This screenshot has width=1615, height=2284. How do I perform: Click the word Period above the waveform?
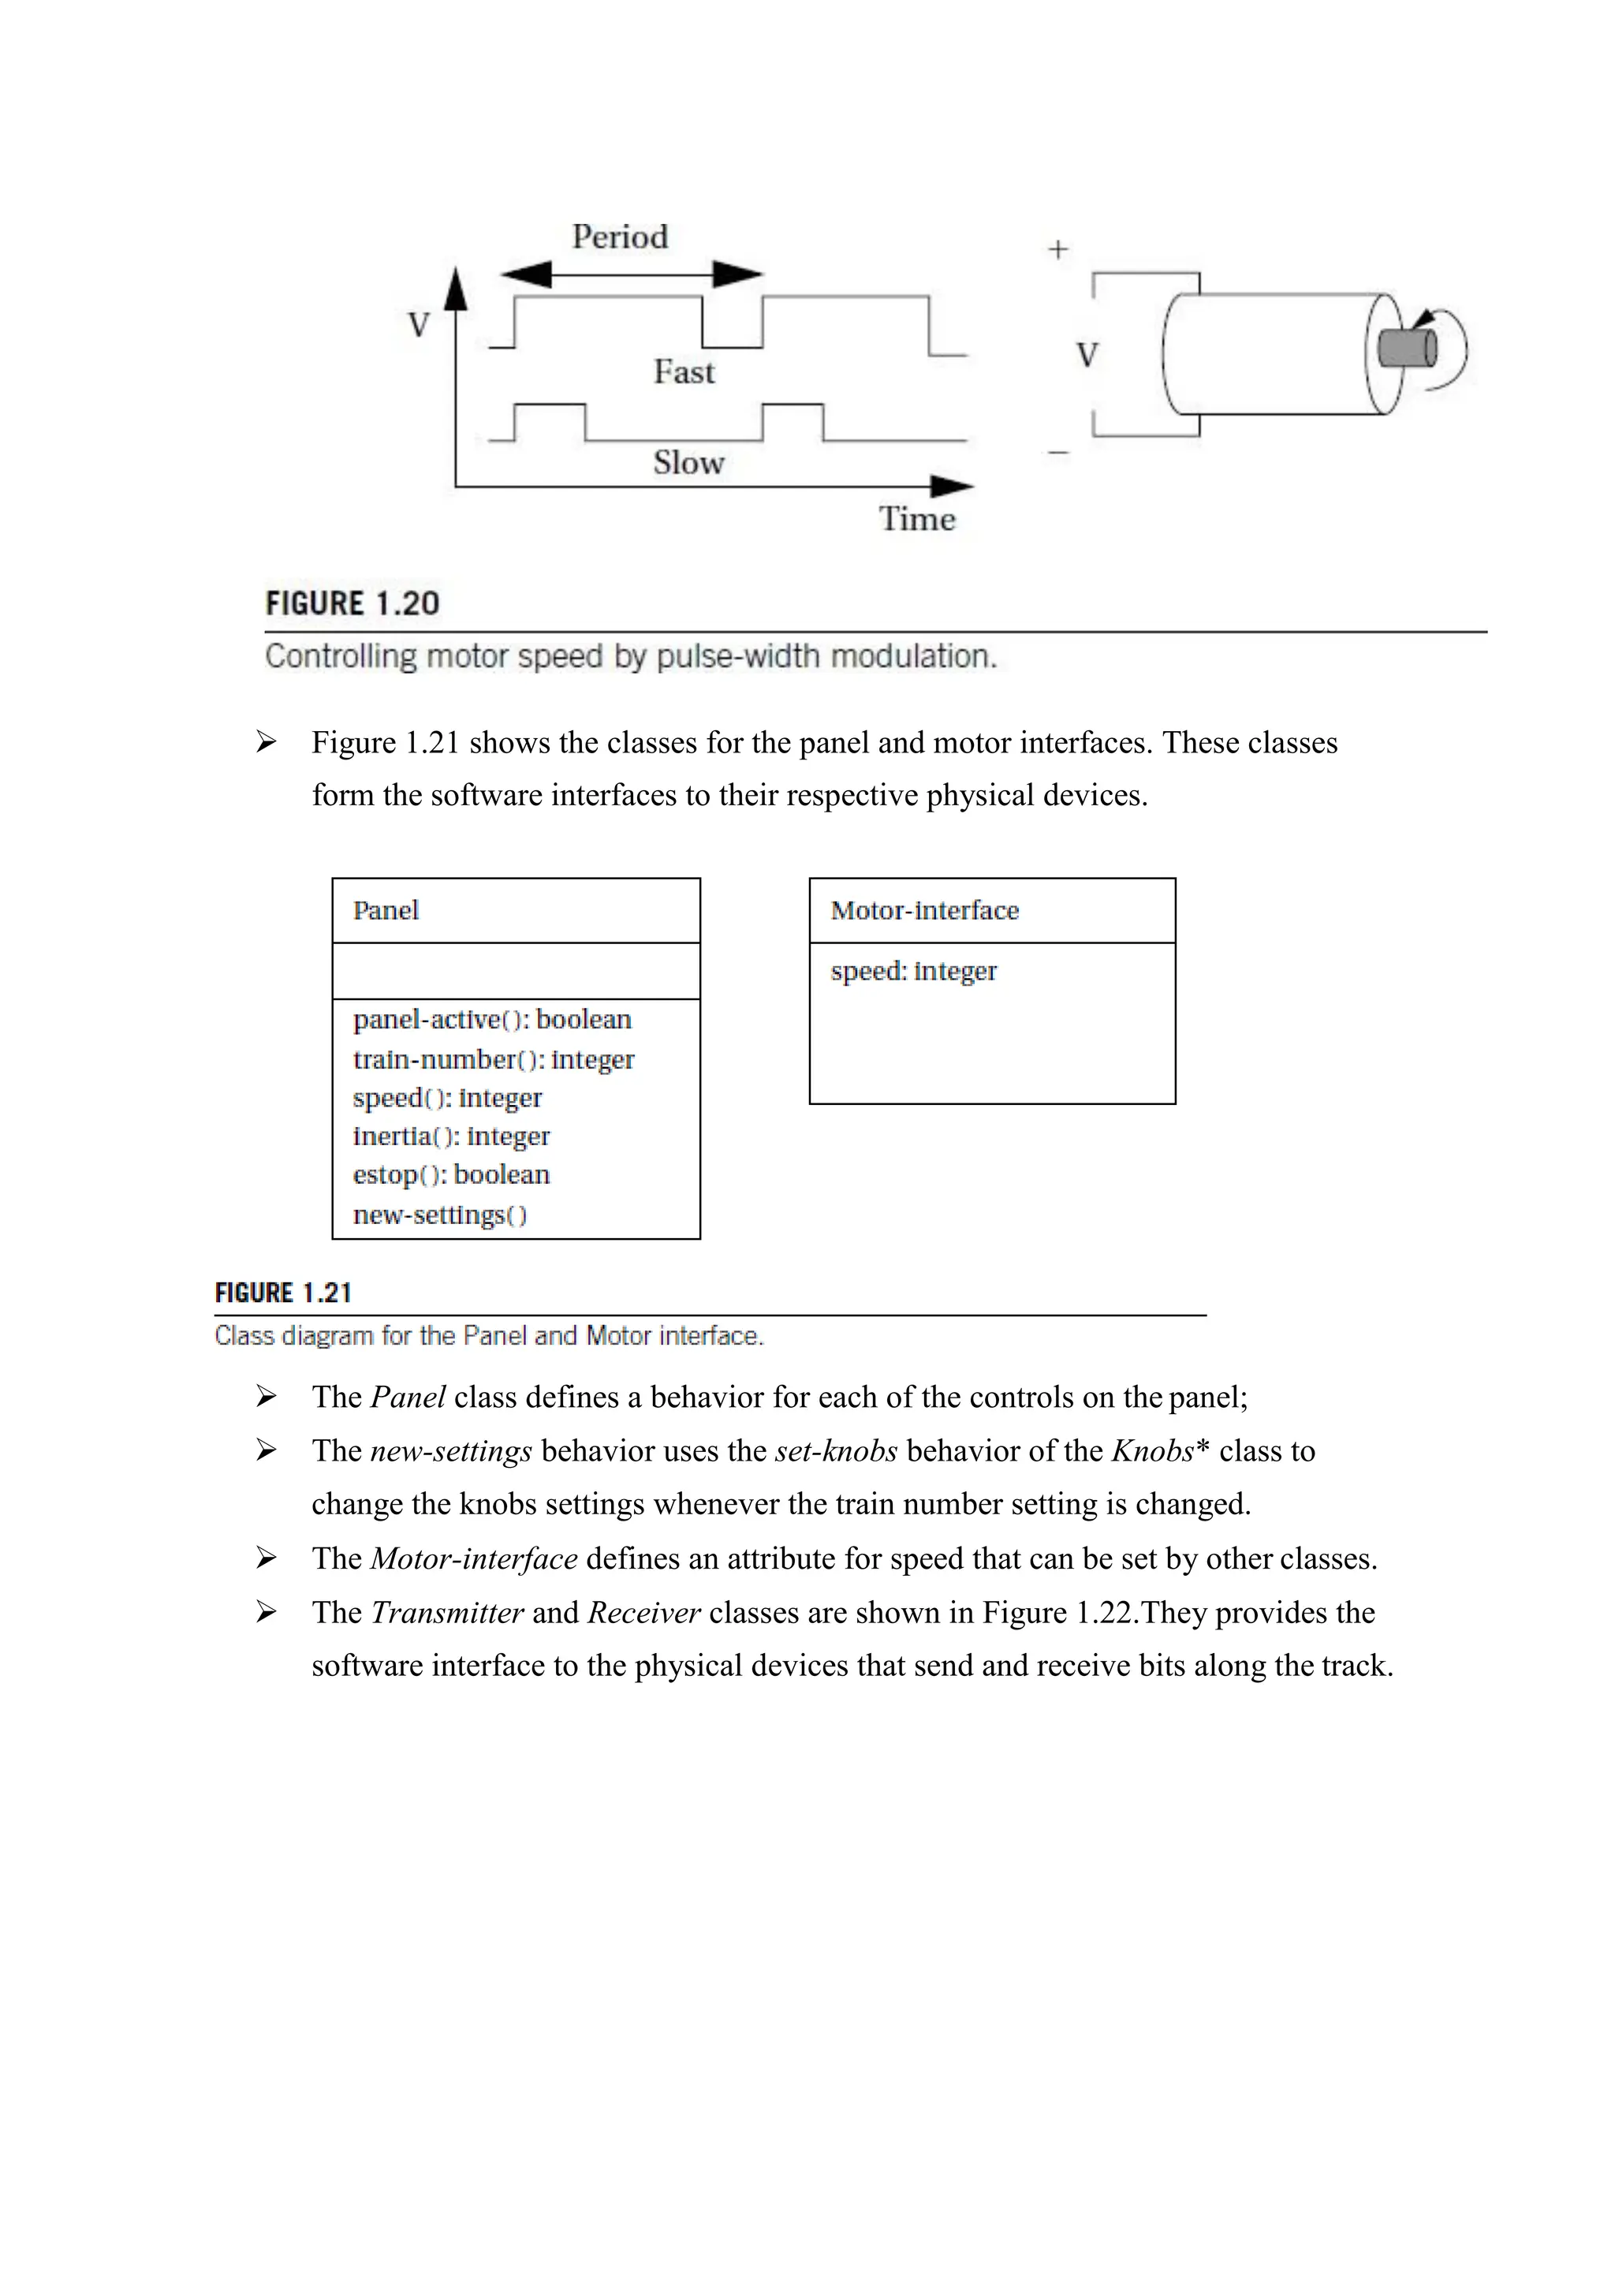pos(620,237)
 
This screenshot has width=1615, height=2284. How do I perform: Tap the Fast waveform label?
pos(684,372)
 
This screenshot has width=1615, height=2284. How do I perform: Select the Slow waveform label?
pos(688,463)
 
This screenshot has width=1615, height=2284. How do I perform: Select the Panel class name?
pos(386,910)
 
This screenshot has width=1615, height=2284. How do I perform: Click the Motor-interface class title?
pos(924,910)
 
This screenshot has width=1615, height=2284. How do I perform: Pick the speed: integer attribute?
pos(913,971)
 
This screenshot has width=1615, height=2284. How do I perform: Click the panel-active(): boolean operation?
pos(492,1020)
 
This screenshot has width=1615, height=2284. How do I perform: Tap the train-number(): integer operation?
pos(493,1059)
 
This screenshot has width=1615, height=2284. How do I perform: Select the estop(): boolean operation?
pos(450,1175)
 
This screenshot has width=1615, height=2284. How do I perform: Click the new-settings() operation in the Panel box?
pos(439,1215)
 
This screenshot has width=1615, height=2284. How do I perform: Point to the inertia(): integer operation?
pos(450,1136)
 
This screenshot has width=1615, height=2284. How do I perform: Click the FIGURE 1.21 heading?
pos(283,1293)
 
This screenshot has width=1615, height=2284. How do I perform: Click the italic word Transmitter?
pos(446,1613)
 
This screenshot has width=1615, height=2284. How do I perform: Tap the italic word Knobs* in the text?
pos(1159,1451)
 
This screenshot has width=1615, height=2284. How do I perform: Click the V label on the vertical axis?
pos(419,324)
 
